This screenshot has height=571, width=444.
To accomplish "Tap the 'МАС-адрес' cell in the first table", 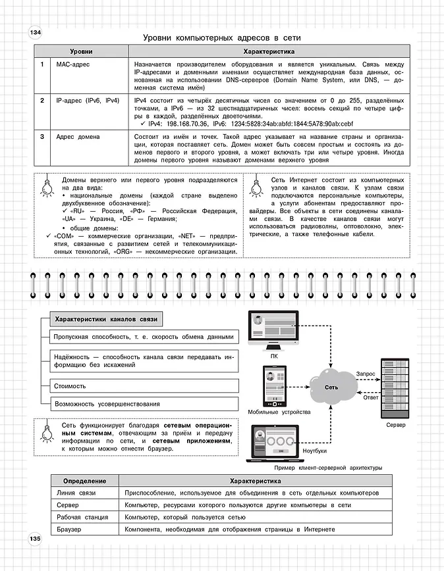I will tap(72, 64).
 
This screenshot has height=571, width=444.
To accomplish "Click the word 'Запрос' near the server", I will tap(366, 374).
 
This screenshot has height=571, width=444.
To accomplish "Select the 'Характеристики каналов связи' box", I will tap(106, 319).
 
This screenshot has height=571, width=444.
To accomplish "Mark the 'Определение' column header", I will tap(84, 480).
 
